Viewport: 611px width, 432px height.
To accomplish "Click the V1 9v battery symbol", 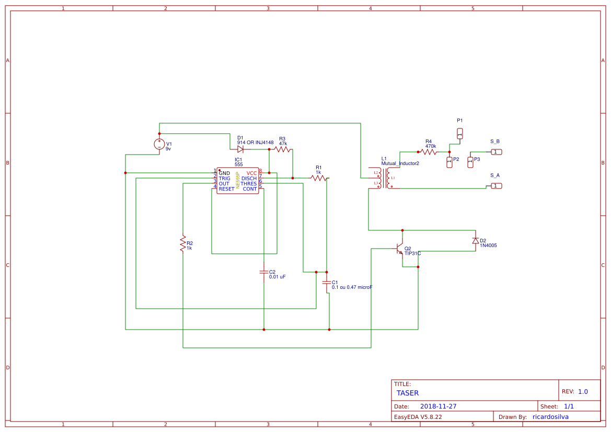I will tap(159, 144).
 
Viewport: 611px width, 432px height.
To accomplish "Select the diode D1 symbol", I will tap(240, 149).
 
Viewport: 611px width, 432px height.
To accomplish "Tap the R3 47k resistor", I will tap(282, 149).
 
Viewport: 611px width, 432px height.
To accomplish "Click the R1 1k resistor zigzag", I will tap(318, 178).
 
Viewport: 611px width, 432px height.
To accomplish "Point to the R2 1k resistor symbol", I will tap(183, 243).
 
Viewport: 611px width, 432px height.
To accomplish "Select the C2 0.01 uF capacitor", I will tap(264, 272).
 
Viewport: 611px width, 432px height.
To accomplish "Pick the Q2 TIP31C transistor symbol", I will tap(400, 249).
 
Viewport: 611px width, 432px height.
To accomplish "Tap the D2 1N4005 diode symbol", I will tap(476, 240).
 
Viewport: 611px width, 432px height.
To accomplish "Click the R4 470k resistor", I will tap(429, 152).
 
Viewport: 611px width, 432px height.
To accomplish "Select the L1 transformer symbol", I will tap(384, 179).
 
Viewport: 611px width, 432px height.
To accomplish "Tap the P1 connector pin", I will tap(460, 134).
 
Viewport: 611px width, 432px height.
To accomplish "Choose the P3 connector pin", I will tap(470, 162).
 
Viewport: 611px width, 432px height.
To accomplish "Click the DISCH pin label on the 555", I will tap(249, 179).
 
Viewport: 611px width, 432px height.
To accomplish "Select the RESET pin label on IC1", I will tap(226, 189).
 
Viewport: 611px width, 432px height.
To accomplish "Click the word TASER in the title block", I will tap(408, 393).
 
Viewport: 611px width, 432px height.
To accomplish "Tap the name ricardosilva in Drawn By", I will tap(550, 417).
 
